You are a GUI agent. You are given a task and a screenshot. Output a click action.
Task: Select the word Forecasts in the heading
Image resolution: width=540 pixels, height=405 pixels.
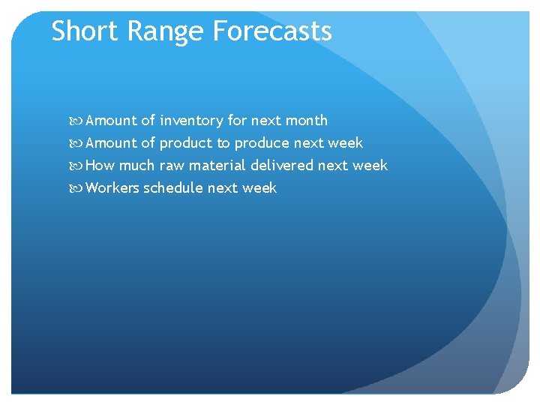click(x=272, y=31)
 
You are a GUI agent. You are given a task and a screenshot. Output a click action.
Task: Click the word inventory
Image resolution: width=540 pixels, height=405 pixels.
click(x=191, y=120)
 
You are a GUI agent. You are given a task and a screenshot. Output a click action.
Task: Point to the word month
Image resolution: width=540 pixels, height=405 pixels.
click(x=306, y=120)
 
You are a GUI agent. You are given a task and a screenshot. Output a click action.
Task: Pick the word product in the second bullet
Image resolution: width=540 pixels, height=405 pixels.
click(x=186, y=143)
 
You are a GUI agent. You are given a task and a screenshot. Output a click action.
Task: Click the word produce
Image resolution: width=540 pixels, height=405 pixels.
click(x=262, y=143)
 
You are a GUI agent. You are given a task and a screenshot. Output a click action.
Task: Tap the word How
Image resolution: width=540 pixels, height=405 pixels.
click(x=100, y=166)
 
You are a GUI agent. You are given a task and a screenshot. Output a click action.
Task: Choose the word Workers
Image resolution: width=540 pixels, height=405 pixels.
click(x=112, y=188)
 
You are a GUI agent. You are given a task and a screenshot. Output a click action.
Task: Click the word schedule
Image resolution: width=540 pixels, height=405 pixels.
click(x=173, y=188)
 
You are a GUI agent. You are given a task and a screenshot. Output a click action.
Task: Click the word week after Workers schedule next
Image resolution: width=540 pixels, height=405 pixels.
click(x=259, y=188)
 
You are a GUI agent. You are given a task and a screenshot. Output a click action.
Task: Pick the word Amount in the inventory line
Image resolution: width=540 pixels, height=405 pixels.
click(x=111, y=120)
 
